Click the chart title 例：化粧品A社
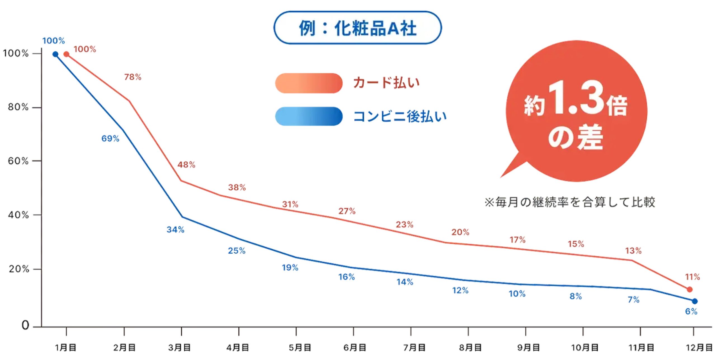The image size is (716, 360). [x=357, y=28]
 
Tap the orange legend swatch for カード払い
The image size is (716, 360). [x=308, y=83]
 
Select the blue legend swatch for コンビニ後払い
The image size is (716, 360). [x=308, y=116]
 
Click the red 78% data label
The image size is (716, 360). [x=133, y=77]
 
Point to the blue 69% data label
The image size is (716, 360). [x=110, y=138]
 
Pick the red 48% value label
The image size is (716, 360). [x=186, y=164]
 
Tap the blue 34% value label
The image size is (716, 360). [x=175, y=230]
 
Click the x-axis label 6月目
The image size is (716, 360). [x=355, y=348]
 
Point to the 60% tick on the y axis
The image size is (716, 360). [x=18, y=161]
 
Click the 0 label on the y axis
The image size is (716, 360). [x=25, y=325]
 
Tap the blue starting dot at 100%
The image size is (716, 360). [x=55, y=54]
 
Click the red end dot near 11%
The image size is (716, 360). [x=690, y=290]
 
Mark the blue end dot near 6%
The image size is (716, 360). [x=695, y=301]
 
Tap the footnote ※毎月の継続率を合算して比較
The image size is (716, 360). [x=570, y=202]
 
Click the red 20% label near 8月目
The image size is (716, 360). [x=460, y=232]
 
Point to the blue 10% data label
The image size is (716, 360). [x=517, y=294]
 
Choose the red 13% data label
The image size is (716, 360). [x=633, y=251]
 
